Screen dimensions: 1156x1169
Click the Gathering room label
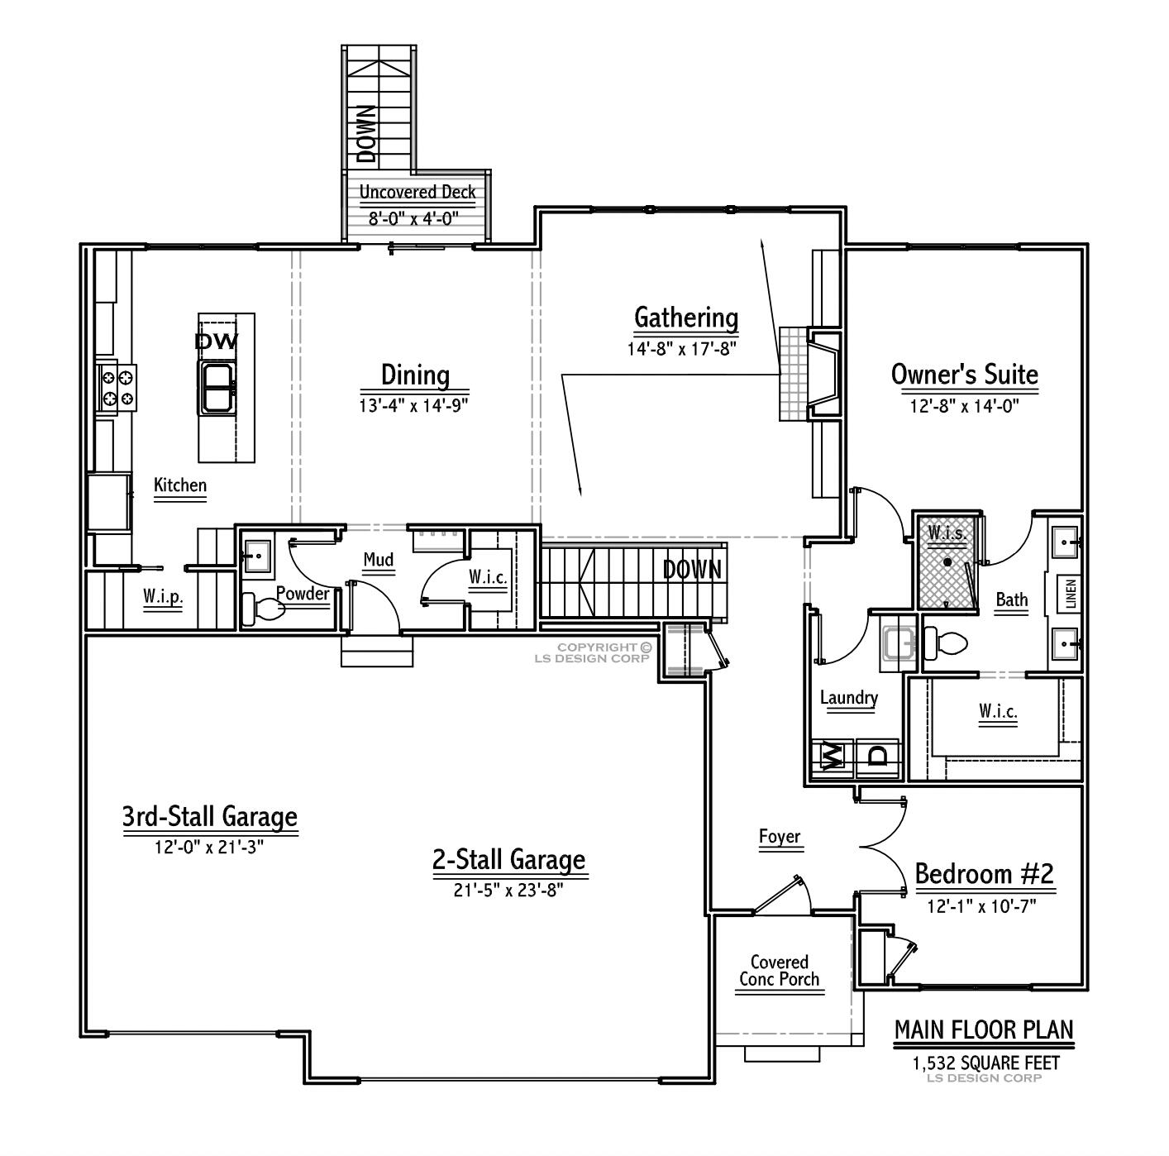tap(685, 318)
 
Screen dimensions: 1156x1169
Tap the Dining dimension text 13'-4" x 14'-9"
tap(415, 405)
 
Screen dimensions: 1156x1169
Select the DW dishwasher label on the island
tap(217, 341)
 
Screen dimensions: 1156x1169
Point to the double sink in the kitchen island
tap(217, 387)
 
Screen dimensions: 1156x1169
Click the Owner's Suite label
tap(964, 375)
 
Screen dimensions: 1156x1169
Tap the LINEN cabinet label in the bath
tap(1071, 594)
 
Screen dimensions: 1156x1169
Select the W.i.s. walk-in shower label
tap(946, 533)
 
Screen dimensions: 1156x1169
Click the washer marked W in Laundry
tap(831, 754)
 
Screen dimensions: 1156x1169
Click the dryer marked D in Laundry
tap(878, 754)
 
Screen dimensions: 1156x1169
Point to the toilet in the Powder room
tap(263, 609)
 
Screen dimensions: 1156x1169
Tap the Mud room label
tap(379, 561)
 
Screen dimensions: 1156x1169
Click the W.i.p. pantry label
tap(162, 596)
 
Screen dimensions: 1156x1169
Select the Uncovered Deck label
tap(417, 192)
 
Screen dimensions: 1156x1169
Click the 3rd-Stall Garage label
tap(210, 817)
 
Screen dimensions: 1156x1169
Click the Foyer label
tap(780, 837)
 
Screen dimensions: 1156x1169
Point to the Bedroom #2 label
tap(984, 874)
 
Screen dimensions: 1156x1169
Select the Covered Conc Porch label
tap(779, 971)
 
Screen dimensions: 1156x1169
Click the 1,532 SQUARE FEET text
tap(985, 1063)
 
